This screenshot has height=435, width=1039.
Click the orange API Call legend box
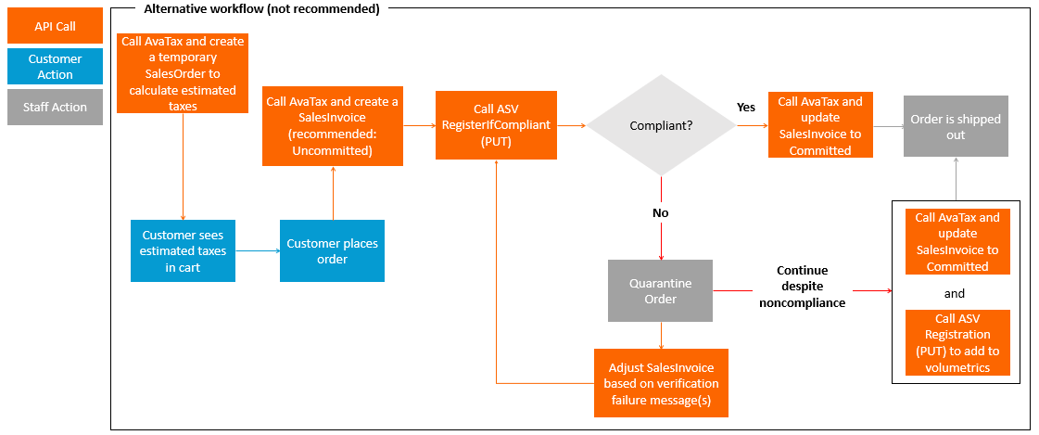(56, 26)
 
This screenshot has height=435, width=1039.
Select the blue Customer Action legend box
(56, 66)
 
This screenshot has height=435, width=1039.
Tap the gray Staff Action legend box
(56, 107)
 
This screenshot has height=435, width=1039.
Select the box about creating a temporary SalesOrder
(183, 73)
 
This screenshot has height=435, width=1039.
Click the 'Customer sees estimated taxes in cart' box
(183, 250)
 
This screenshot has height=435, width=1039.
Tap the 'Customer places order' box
(332, 250)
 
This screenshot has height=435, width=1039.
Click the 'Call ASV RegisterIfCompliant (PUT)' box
(496, 124)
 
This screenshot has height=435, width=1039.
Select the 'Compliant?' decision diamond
(662, 125)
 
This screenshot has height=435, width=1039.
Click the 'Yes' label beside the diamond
(745, 108)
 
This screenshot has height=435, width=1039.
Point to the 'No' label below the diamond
(660, 212)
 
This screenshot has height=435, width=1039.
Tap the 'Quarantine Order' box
(660, 290)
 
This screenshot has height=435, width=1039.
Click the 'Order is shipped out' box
(956, 127)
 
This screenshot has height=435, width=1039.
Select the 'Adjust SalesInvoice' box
(661, 383)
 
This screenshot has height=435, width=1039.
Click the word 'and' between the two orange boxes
(954, 293)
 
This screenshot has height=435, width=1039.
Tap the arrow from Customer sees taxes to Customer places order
(258, 250)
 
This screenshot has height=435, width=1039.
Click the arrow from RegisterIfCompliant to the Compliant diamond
(572, 125)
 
